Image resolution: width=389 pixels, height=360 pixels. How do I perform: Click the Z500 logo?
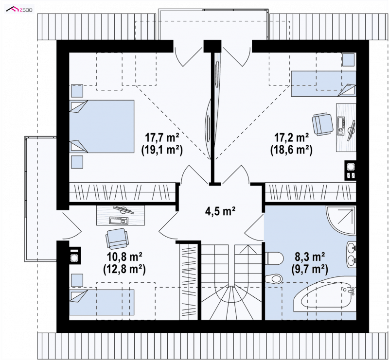[x=19, y=9]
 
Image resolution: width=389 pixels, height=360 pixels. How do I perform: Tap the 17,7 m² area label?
[x=162, y=137]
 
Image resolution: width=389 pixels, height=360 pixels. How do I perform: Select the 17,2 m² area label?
[x=291, y=137]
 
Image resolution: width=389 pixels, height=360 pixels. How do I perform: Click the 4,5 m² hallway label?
[x=220, y=211]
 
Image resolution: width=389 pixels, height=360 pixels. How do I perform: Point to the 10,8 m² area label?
[x=124, y=257]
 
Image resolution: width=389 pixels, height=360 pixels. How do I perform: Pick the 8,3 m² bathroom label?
[x=310, y=257]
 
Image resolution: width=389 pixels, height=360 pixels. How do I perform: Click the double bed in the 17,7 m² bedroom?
[x=102, y=126]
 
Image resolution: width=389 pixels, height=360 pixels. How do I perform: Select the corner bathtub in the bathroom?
[x=325, y=297]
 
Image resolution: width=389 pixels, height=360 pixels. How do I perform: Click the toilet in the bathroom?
[x=274, y=258]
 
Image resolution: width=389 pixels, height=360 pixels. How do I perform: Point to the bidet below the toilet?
[x=274, y=279]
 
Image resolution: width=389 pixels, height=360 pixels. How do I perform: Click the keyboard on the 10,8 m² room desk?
[x=119, y=220]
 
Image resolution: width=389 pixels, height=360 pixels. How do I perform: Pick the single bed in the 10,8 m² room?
[x=102, y=302]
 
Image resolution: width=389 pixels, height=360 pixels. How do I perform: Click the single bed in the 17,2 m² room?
[x=323, y=84]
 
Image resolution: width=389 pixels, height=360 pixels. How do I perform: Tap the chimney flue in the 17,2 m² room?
[x=351, y=170]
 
